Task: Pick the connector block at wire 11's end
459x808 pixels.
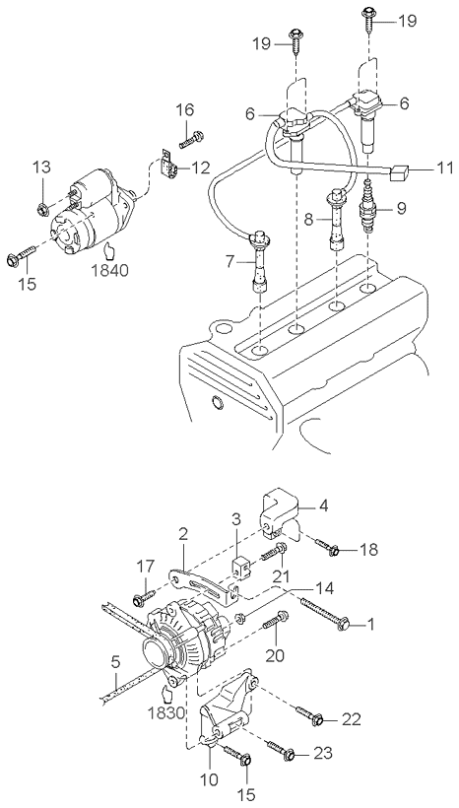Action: coord(398,174)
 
